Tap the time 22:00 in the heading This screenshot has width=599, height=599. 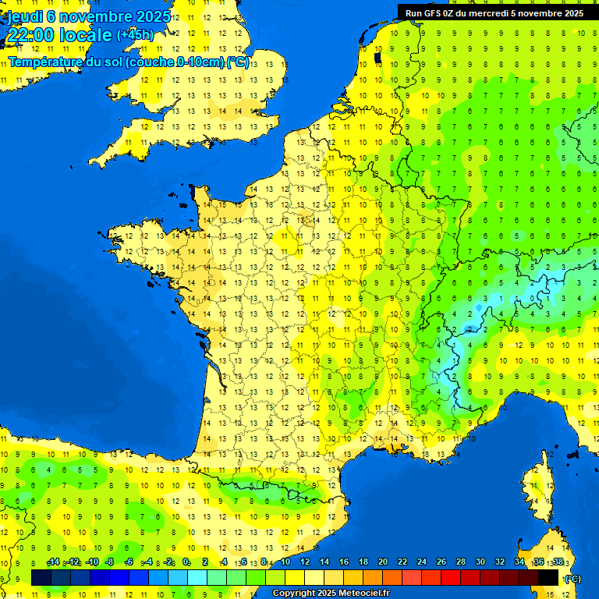point(32,35)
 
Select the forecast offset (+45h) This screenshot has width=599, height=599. point(135,35)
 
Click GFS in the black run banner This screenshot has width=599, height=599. point(432,13)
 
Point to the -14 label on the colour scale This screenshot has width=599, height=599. point(53,562)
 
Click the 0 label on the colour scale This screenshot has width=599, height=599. point(186,562)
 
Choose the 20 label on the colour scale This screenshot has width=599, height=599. point(382,562)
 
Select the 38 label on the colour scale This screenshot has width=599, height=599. point(558,562)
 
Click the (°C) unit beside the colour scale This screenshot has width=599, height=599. point(572,579)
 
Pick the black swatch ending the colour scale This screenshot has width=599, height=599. point(548,578)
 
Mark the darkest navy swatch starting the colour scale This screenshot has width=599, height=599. point(41,578)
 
